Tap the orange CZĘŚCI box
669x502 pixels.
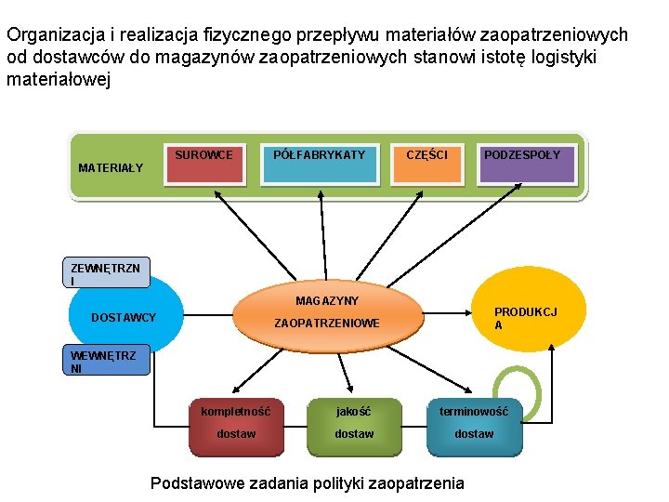point(426,165)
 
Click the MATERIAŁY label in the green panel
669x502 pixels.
point(111,168)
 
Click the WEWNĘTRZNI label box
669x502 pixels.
point(108,361)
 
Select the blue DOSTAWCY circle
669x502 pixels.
point(125,317)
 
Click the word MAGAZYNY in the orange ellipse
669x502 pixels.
point(327,301)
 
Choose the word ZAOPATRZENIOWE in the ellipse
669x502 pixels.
point(326,324)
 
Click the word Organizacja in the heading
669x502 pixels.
point(51,35)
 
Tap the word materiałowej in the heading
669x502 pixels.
point(59,80)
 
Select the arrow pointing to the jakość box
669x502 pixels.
point(347,376)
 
